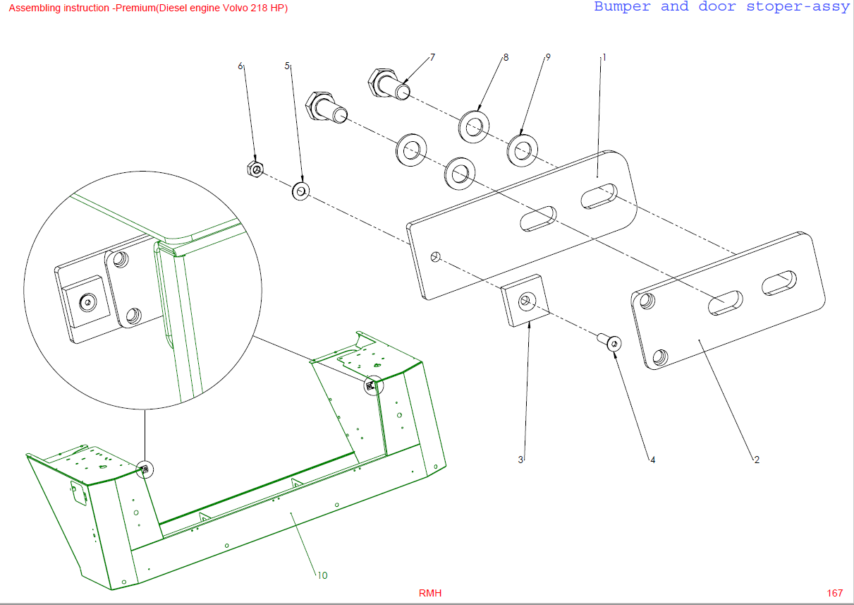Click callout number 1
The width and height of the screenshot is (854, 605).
(604, 57)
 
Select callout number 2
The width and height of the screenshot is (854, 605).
(757, 460)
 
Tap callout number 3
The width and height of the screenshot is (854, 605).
(520, 460)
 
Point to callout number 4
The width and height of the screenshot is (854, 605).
(652, 460)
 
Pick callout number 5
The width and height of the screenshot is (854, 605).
(287, 66)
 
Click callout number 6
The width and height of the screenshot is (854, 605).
(240, 66)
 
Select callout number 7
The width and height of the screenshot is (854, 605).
(432, 57)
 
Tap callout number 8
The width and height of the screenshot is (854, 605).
(506, 57)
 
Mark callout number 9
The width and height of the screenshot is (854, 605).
(548, 57)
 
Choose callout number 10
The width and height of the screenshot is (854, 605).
(322, 575)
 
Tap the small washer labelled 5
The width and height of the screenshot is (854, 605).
(301, 191)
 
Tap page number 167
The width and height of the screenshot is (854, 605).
(835, 593)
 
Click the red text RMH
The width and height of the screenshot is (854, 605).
(430, 593)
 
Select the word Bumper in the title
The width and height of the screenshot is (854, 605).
(622, 7)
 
